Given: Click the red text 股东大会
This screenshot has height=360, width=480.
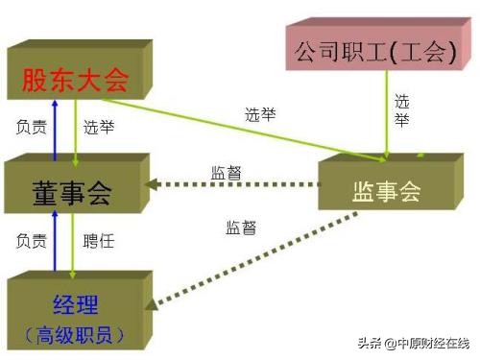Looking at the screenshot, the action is (x=75, y=80).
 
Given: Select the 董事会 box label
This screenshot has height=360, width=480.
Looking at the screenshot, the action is (x=72, y=193).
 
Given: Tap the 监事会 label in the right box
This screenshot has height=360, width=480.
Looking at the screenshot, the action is (x=386, y=192).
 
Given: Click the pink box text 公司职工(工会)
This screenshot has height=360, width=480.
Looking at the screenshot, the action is (x=375, y=52).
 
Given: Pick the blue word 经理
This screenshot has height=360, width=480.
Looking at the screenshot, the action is (x=76, y=304).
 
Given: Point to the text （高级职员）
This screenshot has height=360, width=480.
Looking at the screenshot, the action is (x=74, y=335).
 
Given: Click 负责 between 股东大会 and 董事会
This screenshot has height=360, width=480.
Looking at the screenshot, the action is (x=32, y=127).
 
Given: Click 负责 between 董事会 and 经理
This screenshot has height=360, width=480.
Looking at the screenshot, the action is (x=32, y=241).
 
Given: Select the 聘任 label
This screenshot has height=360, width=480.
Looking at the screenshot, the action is (x=99, y=241).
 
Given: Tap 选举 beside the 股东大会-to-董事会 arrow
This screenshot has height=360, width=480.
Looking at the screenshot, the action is (x=99, y=127).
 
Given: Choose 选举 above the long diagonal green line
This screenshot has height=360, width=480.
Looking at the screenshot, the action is (x=260, y=114).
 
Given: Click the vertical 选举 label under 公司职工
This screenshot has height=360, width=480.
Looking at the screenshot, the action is (x=401, y=110).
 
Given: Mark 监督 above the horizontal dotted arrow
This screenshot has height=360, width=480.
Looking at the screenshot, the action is (x=227, y=173).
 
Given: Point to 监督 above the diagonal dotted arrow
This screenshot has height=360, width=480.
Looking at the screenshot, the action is (x=241, y=228).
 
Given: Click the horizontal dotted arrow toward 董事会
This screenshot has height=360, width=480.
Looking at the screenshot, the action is (x=232, y=184).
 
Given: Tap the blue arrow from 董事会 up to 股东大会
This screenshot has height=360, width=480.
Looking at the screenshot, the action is (x=55, y=131).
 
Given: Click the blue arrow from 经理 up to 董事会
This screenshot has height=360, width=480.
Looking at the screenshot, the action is (x=55, y=241).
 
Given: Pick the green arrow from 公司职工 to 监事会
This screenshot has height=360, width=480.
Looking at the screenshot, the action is (x=387, y=114).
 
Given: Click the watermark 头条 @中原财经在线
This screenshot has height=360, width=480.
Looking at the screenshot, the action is (x=414, y=344).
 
